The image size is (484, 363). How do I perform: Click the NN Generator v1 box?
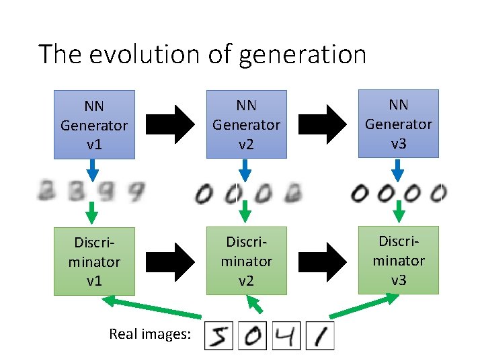[x=94, y=125]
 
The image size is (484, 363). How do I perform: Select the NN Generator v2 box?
[x=246, y=125]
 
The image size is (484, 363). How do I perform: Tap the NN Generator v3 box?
[x=398, y=124]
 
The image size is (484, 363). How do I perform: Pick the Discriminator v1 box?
[x=94, y=261]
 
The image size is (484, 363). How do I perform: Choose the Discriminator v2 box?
[x=246, y=261]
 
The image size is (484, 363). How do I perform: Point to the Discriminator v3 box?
[x=398, y=260]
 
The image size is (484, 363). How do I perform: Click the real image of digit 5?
[x=218, y=335]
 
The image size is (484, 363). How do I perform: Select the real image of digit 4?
[x=286, y=335]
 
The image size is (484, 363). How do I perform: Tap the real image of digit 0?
[x=253, y=335]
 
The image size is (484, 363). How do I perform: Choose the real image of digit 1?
[x=320, y=335]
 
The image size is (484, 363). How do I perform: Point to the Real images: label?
[x=150, y=333]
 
